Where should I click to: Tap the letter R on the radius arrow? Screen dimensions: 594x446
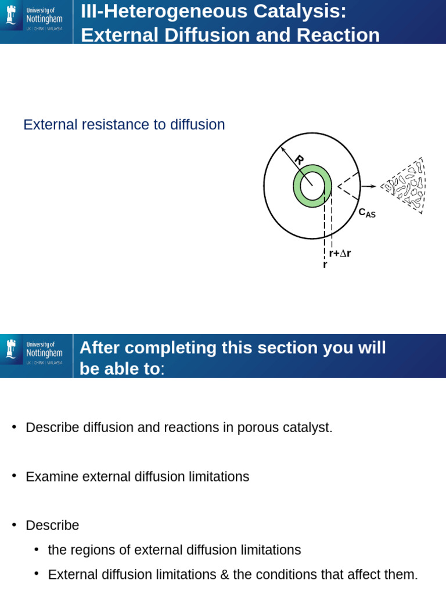click(x=298, y=160)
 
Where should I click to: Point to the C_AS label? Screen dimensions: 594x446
click(x=367, y=213)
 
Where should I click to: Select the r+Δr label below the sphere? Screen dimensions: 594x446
click(x=340, y=253)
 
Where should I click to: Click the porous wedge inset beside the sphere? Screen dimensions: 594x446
click(x=405, y=186)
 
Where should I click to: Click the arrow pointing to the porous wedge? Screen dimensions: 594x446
click(x=368, y=187)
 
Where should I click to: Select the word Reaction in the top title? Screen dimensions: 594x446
click(x=338, y=35)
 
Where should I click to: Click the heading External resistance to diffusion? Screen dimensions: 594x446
click(x=124, y=125)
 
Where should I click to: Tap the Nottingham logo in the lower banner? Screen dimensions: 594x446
click(x=35, y=355)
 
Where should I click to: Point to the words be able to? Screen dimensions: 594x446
click(x=120, y=369)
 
